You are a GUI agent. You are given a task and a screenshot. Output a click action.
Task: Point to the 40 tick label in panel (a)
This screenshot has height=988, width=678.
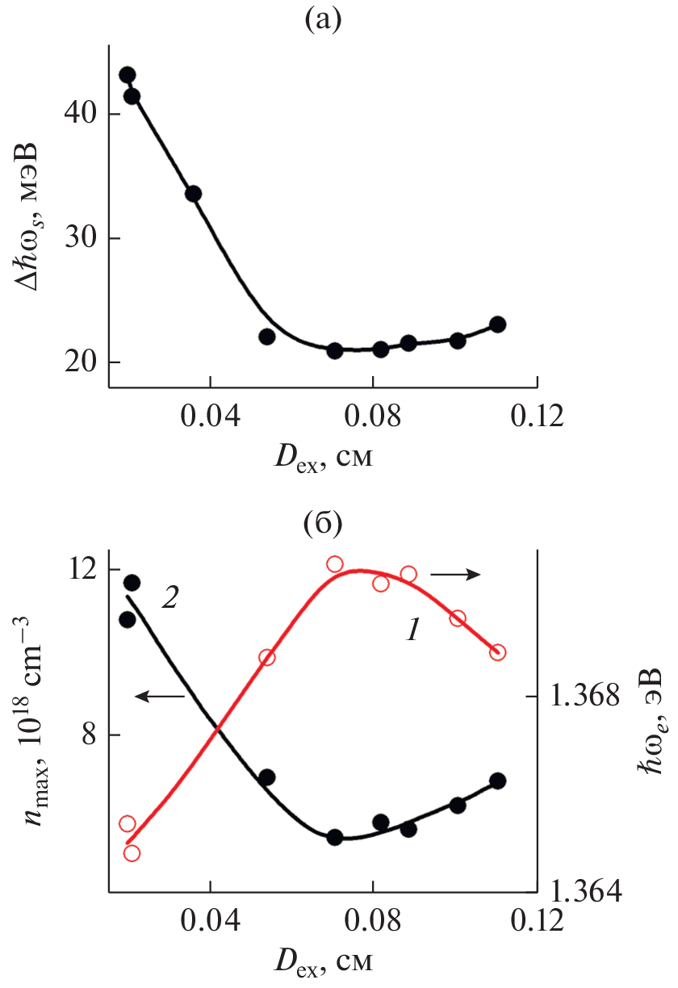(81, 114)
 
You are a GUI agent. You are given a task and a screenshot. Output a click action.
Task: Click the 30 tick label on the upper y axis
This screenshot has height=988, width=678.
(81, 238)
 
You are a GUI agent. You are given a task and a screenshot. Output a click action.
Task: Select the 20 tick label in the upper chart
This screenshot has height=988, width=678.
(81, 362)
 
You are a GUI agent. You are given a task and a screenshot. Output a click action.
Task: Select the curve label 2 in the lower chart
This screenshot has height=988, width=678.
(169, 599)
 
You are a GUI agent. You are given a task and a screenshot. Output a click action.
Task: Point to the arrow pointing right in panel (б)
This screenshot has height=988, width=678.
(455, 574)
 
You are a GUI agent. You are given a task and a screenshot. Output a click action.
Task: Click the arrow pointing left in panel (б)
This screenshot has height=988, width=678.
(161, 696)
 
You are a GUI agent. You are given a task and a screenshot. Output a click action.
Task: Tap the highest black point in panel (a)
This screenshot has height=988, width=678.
(127, 75)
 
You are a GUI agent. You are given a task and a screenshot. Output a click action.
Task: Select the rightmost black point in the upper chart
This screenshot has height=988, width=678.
(497, 324)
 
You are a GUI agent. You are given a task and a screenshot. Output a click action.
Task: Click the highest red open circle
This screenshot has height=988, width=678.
(335, 564)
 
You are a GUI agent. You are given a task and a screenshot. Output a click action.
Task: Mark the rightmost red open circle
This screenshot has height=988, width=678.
(497, 652)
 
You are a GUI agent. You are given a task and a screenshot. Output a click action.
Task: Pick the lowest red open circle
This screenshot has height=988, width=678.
(132, 853)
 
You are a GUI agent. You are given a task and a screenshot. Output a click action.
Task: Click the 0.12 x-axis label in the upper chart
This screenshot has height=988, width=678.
(536, 419)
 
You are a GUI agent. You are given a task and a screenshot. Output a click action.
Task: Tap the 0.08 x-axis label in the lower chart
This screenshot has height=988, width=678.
(373, 922)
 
